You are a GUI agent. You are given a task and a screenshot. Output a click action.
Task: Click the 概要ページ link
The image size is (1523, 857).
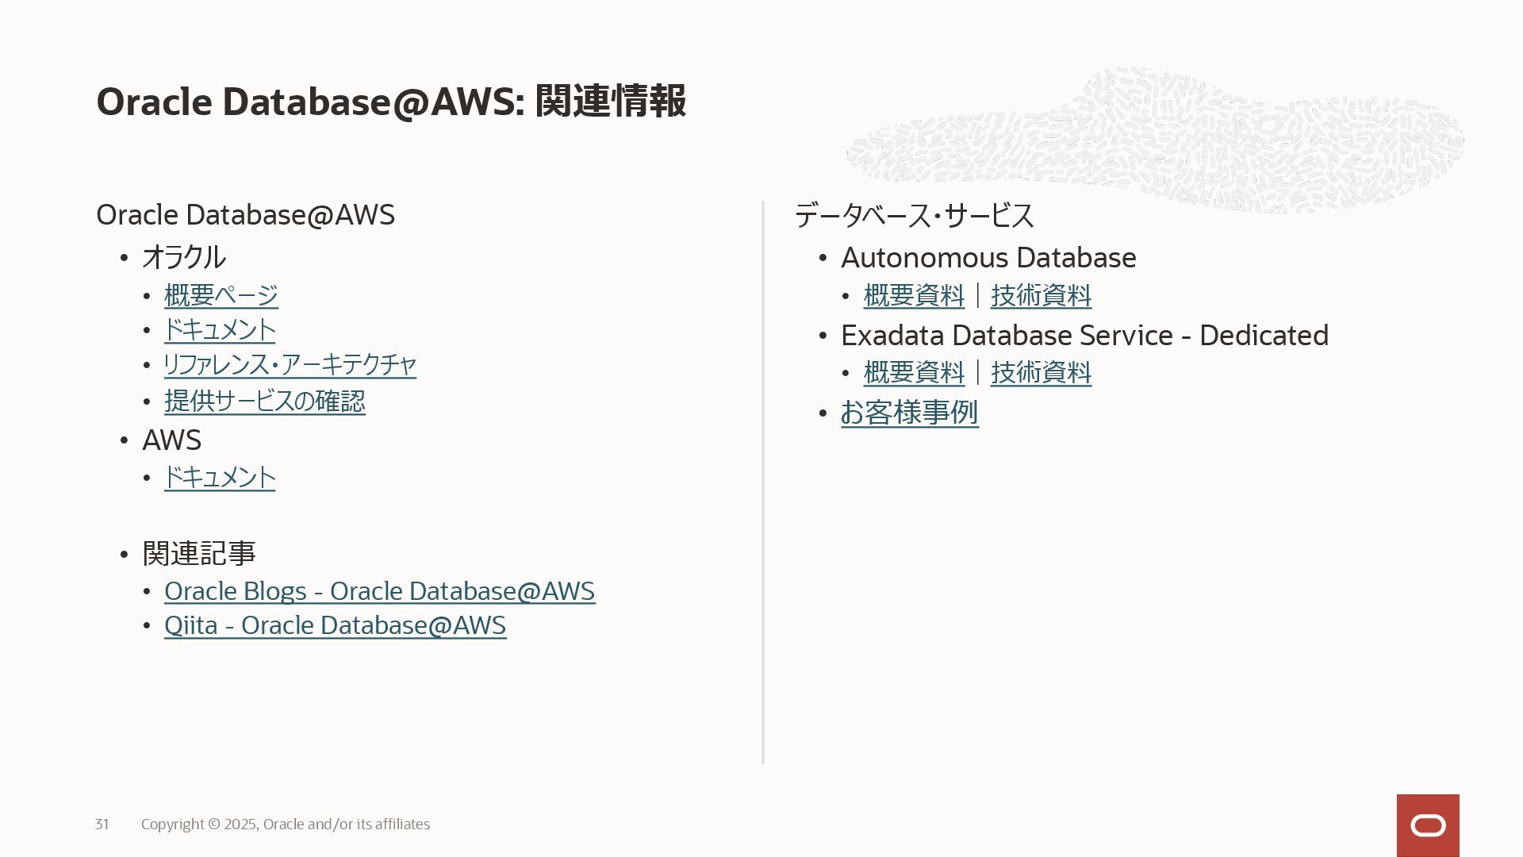[x=221, y=296]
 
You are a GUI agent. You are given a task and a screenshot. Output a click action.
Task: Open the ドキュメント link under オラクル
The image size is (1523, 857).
[x=220, y=330]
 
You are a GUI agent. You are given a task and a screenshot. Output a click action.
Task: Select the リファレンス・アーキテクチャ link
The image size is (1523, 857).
[x=290, y=365]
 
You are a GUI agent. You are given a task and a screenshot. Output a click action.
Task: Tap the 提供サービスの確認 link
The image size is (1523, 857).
[x=264, y=402]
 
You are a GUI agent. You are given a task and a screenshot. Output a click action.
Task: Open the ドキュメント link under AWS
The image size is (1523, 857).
[x=220, y=478]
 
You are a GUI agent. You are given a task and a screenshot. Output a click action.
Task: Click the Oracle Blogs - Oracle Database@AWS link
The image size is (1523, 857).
[x=379, y=592]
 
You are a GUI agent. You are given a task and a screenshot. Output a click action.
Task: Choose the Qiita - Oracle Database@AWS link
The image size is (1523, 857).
[x=335, y=626]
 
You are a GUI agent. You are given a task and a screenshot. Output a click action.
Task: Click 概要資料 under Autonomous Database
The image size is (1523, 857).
[x=914, y=296]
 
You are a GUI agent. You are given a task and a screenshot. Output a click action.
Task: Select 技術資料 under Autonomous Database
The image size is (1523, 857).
[x=1041, y=296]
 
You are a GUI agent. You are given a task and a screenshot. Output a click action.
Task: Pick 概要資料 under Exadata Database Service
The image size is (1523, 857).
[x=914, y=373]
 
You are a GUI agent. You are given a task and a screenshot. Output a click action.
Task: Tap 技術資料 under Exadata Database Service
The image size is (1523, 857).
[x=1041, y=373]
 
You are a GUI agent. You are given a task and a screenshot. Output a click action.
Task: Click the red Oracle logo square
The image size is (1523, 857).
[x=1428, y=825]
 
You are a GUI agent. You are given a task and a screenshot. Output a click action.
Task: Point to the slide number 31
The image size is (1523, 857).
[x=102, y=824]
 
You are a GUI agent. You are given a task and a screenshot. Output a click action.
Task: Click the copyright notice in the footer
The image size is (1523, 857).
[x=286, y=824]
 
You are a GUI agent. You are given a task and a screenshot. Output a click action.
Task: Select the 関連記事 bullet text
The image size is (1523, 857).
[x=198, y=554]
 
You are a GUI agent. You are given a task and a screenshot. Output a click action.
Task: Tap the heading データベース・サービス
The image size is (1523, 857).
[x=914, y=216]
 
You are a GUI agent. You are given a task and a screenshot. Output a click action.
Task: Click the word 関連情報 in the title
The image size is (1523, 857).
[x=610, y=102]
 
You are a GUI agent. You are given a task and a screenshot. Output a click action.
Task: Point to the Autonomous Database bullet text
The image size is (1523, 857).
[x=988, y=258]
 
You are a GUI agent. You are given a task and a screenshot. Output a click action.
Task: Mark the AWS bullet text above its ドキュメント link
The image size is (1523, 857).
[x=171, y=440]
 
